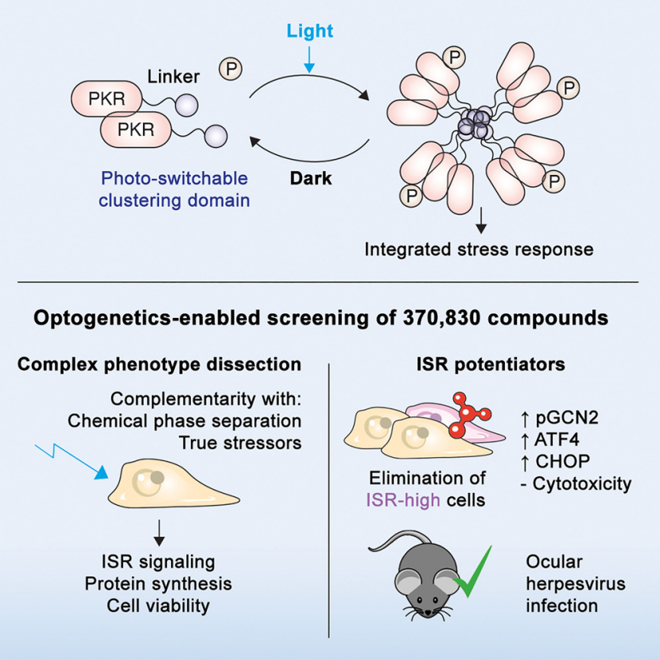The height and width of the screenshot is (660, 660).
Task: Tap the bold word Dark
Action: tap(309, 179)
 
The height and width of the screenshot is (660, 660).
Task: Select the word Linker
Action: tap(173, 76)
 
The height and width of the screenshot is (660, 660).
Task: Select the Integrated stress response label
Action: tap(479, 249)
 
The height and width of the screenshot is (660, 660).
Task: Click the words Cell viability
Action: tap(158, 605)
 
